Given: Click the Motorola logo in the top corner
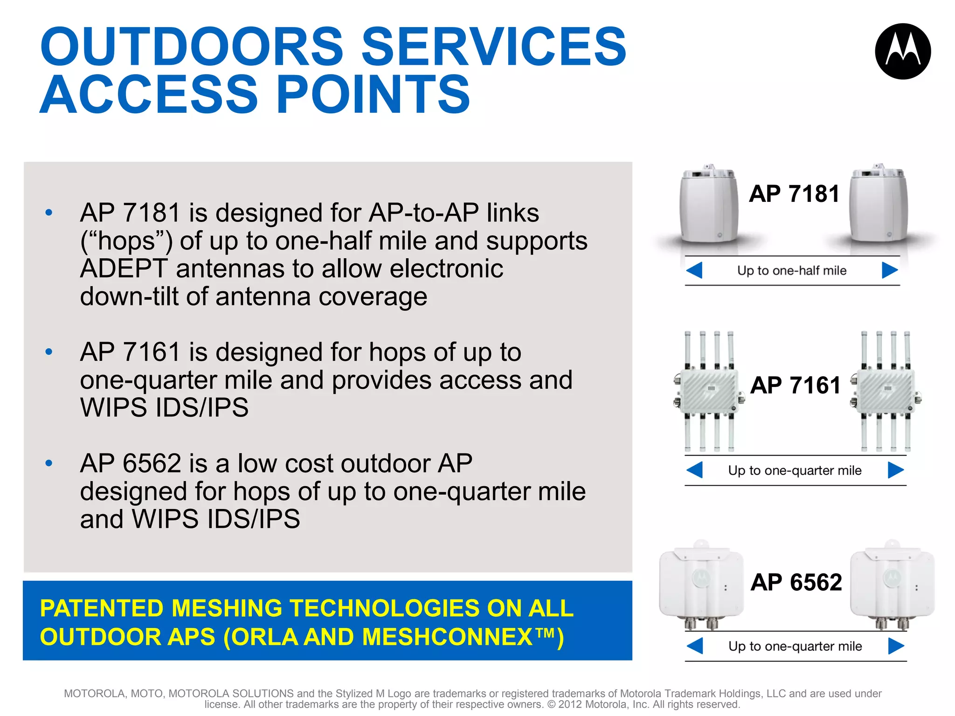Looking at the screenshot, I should tap(903, 51).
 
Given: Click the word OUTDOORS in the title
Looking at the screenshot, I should tap(192, 46).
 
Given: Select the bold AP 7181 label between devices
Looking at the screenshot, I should tap(794, 193).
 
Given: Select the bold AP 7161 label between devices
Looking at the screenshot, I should tap(796, 386).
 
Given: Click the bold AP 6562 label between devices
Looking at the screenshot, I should tap(796, 582).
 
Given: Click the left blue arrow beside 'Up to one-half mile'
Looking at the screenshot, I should tap(694, 270).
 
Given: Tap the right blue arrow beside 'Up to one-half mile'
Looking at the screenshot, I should tap(890, 270).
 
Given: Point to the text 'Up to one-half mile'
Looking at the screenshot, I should tap(791, 270).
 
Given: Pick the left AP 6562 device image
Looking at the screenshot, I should tap(700, 585).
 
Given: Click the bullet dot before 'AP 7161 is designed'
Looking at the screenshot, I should tap(49, 351).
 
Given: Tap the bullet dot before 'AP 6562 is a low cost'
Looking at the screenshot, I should tap(49, 463).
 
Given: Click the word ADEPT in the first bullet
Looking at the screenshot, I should tap(124, 269).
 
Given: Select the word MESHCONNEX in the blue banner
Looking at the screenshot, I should tap(447, 637).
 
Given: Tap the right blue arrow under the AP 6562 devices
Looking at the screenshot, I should tap(896, 646).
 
